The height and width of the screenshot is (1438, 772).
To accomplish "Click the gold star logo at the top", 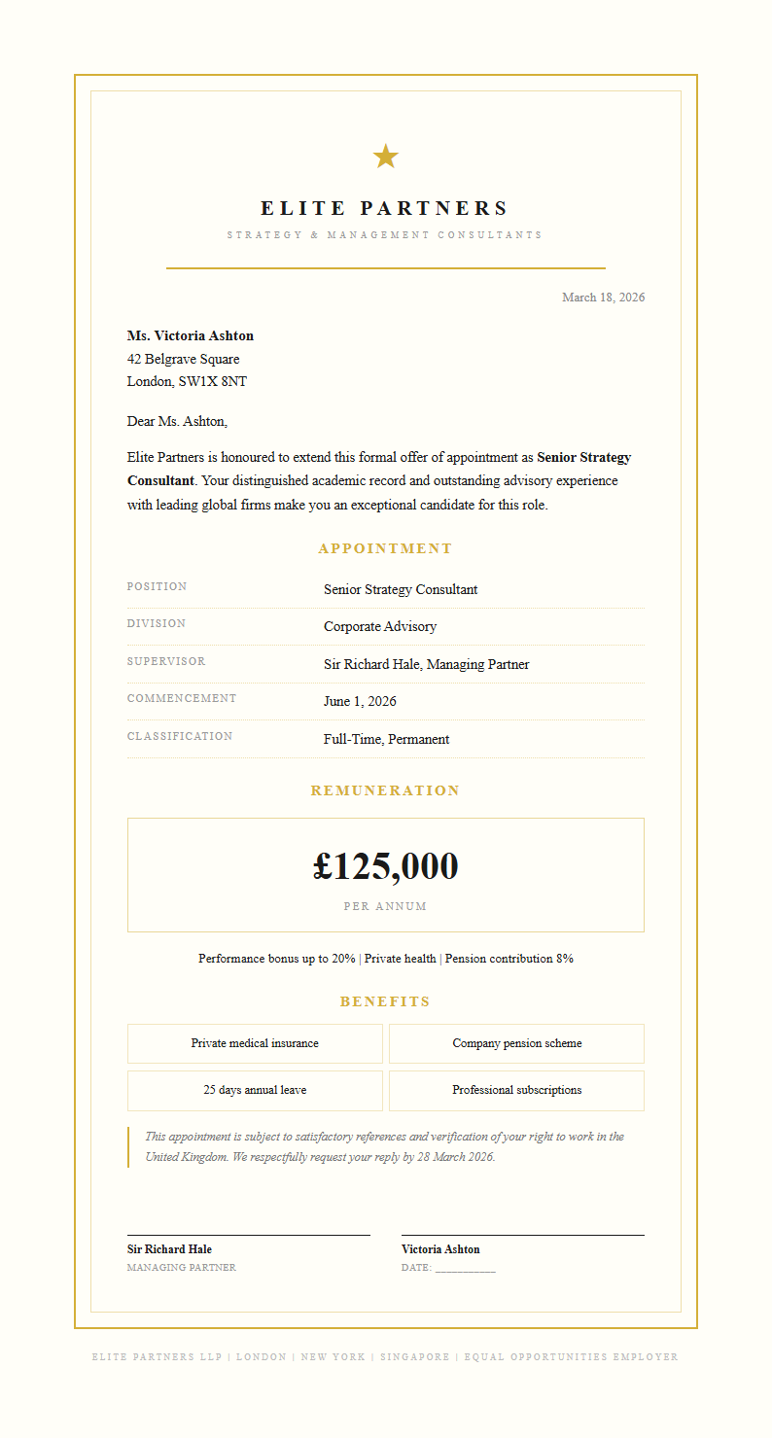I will click(x=386, y=156).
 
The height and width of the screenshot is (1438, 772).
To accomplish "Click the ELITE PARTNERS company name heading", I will click(x=385, y=208).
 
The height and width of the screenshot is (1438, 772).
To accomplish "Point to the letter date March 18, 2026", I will click(x=603, y=298).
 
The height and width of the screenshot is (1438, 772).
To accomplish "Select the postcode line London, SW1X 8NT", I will click(x=187, y=382).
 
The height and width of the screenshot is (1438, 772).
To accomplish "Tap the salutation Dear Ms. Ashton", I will click(x=177, y=422).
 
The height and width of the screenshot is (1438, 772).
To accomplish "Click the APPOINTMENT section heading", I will click(x=385, y=549).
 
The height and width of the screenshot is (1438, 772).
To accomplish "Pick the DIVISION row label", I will click(x=157, y=624).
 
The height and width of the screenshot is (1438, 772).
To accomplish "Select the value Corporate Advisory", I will click(x=380, y=627).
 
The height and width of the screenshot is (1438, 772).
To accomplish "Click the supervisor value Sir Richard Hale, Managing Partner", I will click(x=426, y=665).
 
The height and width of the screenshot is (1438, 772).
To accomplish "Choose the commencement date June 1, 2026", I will click(x=360, y=702).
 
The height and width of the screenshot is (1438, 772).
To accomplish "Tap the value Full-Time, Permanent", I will click(x=386, y=740).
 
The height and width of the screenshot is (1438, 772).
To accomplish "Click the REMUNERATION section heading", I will click(x=385, y=791).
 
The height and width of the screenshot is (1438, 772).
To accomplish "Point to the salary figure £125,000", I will click(x=385, y=866).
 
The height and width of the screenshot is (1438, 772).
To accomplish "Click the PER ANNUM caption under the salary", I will click(x=385, y=907).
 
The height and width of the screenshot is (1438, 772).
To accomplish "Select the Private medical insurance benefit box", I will click(x=255, y=1043).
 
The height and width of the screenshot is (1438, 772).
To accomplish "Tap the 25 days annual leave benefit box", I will click(x=255, y=1090).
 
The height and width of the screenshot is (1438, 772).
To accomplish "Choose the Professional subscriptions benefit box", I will click(x=516, y=1090).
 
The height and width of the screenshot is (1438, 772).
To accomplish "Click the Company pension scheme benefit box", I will click(x=516, y=1043).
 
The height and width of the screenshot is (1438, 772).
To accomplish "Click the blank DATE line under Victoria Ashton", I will click(x=466, y=1269).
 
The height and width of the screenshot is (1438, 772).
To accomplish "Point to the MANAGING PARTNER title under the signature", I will click(x=182, y=1268).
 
